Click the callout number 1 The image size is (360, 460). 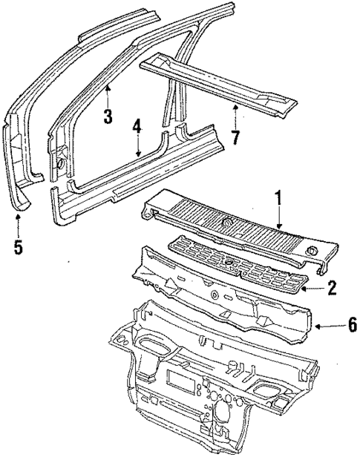278,200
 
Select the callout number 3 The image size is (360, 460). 108,117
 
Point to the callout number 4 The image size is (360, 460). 137,126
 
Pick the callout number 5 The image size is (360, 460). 19,246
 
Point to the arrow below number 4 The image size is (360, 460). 137,148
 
